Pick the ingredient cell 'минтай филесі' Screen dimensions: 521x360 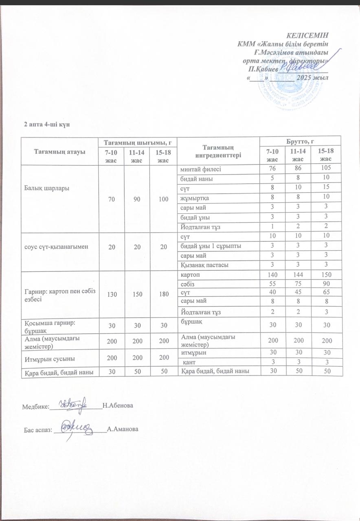(x=199, y=169)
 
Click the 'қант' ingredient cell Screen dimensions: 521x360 (x=188, y=362)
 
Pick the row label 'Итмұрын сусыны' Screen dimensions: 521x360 (x=47, y=358)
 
